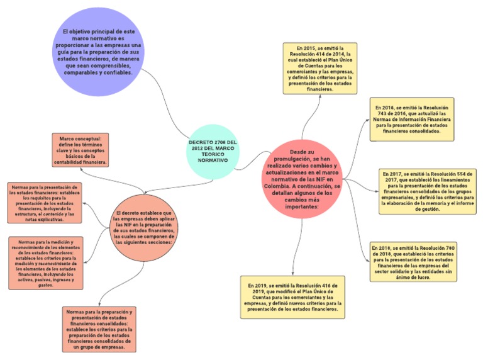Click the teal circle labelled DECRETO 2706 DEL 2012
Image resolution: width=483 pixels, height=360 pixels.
[213, 152]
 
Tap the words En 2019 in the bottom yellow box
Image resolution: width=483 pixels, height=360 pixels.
[258, 286]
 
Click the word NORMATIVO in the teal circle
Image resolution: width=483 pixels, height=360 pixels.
[213, 161]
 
